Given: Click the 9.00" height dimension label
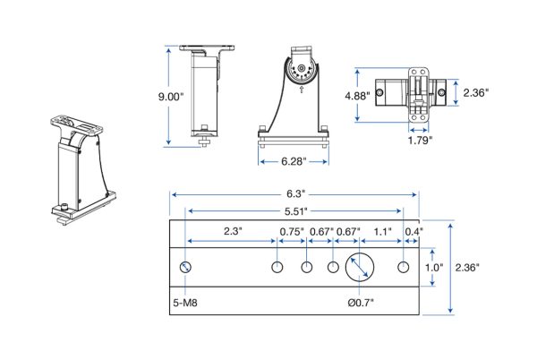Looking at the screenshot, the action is click(x=171, y=97).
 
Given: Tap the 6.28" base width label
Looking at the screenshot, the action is click(x=294, y=161).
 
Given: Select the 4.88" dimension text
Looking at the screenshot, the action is click(x=357, y=96).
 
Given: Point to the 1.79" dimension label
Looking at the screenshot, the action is click(x=420, y=140).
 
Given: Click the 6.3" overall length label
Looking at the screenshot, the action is click(x=296, y=193).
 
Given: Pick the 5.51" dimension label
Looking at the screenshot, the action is click(x=296, y=211).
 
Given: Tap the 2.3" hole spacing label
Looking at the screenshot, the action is click(x=233, y=231).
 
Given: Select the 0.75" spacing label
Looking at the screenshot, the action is click(x=292, y=232).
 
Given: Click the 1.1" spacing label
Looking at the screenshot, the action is click(x=382, y=232).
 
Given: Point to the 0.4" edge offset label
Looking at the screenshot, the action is click(x=414, y=232).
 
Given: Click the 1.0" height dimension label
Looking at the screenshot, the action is click(x=434, y=267).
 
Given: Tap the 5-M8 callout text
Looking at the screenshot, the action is click(x=185, y=303).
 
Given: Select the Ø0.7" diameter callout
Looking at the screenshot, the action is click(x=361, y=303).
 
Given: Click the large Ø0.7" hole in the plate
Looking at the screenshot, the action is click(x=360, y=267).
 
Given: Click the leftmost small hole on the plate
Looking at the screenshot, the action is click(x=185, y=267).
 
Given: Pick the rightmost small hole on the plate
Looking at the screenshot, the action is click(x=404, y=267).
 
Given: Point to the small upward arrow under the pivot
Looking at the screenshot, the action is click(x=302, y=90).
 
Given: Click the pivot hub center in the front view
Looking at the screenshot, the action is click(x=301, y=68).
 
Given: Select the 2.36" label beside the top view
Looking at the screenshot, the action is click(x=476, y=92).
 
